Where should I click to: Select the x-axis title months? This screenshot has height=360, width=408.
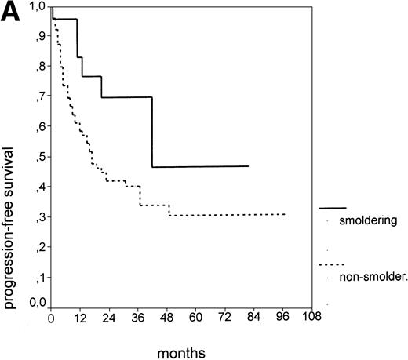tap(181, 353)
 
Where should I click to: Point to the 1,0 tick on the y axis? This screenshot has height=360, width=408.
tap(37, 7)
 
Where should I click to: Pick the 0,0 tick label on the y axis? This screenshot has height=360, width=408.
tap(37, 301)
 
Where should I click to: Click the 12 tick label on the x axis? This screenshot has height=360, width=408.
tap(79, 318)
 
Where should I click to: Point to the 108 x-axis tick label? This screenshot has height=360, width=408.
tap(311, 318)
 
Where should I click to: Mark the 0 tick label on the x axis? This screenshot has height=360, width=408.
tap(51, 318)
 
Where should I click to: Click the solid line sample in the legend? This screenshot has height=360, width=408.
tap(333, 208)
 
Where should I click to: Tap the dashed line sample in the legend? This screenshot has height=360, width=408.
tap(333, 264)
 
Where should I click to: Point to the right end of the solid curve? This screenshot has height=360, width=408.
tap(248, 166)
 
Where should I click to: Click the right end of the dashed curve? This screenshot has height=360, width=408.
tap(284, 214)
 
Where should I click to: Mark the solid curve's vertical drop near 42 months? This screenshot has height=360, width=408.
tap(152, 132)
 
